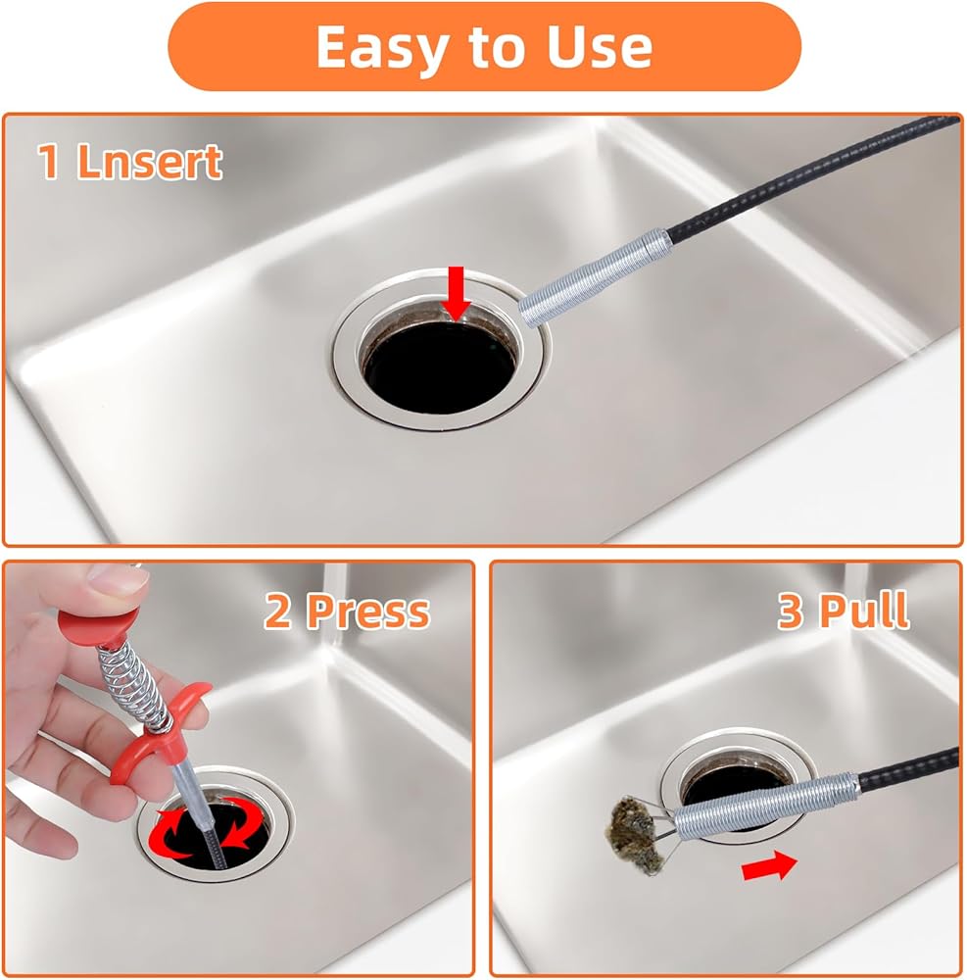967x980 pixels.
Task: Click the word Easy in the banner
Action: (x=381, y=48)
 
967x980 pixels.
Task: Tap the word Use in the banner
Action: (x=600, y=47)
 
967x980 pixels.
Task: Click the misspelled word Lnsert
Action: (x=149, y=162)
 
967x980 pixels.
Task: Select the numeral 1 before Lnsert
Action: (x=49, y=162)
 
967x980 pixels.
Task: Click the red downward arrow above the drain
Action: (x=457, y=292)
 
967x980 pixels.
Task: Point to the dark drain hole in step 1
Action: (x=441, y=367)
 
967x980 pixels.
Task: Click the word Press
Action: (x=368, y=612)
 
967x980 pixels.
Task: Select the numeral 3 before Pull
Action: (x=791, y=611)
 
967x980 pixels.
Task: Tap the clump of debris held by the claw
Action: (x=636, y=834)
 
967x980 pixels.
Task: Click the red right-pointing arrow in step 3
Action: (x=770, y=865)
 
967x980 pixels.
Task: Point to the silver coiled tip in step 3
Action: (x=765, y=806)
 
